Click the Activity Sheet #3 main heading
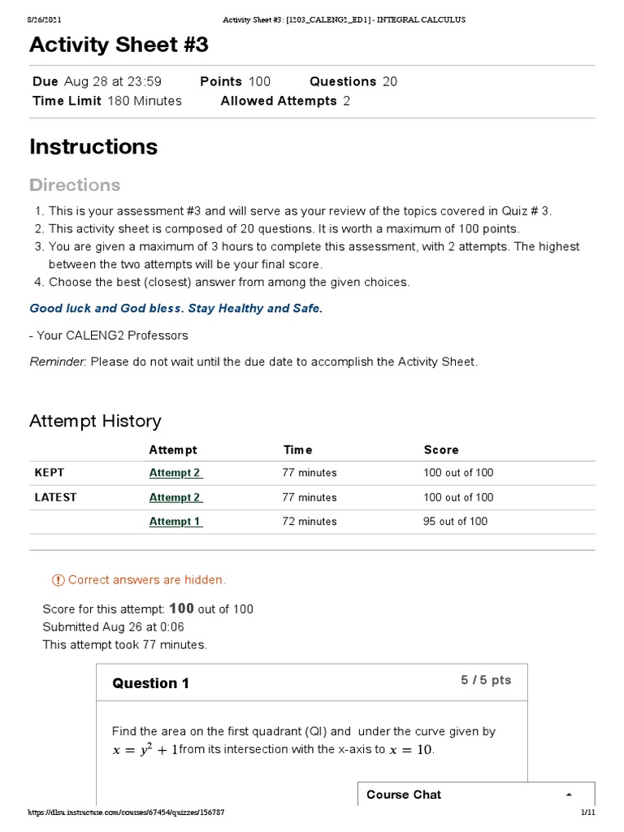pos(119,45)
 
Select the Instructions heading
pos(93,147)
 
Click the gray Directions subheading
pos(75,185)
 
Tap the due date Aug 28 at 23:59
pos(112,81)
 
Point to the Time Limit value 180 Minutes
pos(143,101)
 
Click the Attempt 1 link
pos(175,522)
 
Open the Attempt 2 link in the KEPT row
pos(175,473)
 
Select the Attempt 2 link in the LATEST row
pos(175,497)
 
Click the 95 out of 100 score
pos(455,522)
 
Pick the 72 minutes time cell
pos(310,522)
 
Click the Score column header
pos(441,449)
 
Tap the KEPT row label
pos(49,473)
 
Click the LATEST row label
pos(55,497)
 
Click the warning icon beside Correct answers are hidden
pos(58,580)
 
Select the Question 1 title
pos(150,683)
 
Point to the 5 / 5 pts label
pos(486,680)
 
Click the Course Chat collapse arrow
pos(569,795)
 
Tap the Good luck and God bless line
pos(175,308)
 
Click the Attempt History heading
pos(95,421)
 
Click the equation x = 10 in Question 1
pos(411,750)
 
